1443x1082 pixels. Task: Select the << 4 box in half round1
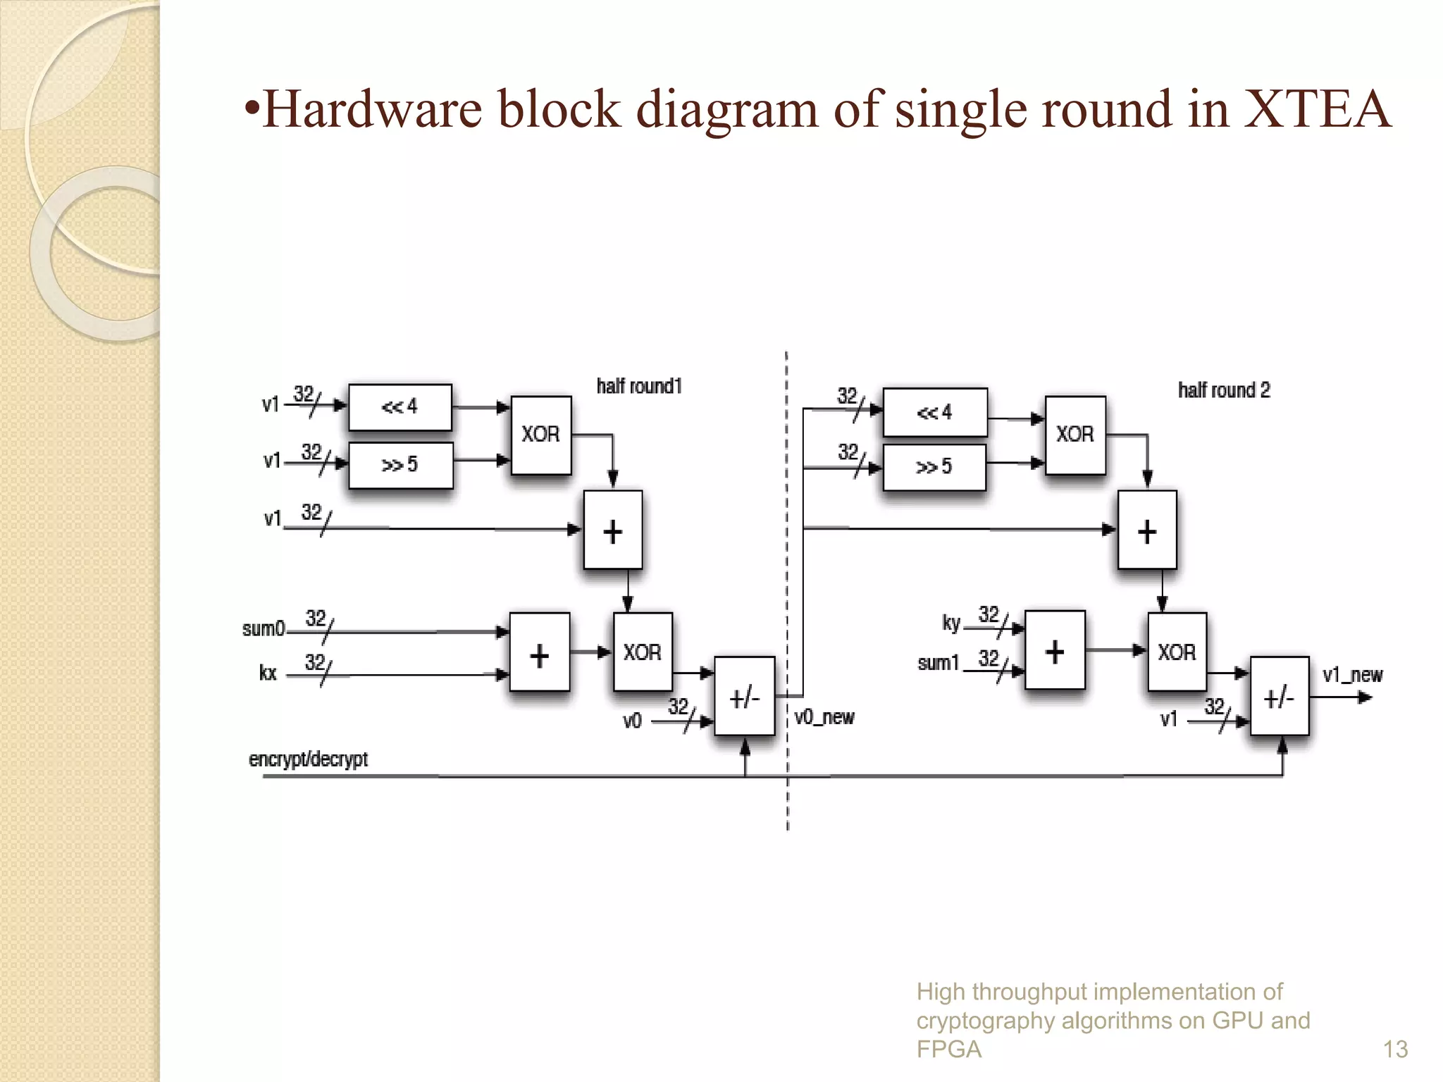pos(400,407)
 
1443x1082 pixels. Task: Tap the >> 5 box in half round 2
pos(934,466)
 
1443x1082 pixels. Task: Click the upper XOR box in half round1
pos(540,435)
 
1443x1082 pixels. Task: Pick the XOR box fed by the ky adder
pos(1177,652)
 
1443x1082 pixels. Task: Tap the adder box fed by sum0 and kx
pos(539,653)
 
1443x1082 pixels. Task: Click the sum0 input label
pos(264,628)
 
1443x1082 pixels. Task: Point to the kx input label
pos(268,673)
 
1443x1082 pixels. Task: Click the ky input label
pos(951,623)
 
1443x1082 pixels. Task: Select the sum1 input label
pos(939,663)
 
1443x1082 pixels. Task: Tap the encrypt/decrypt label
pos(308,759)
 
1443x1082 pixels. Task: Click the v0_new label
pos(824,717)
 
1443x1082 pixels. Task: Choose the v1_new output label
pos(1352,675)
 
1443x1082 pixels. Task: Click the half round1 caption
pos(639,386)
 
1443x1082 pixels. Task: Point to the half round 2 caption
pos(1224,390)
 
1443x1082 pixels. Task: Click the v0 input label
pos(632,721)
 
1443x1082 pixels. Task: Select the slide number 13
pos(1395,1050)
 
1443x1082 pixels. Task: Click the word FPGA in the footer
pos(948,1050)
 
